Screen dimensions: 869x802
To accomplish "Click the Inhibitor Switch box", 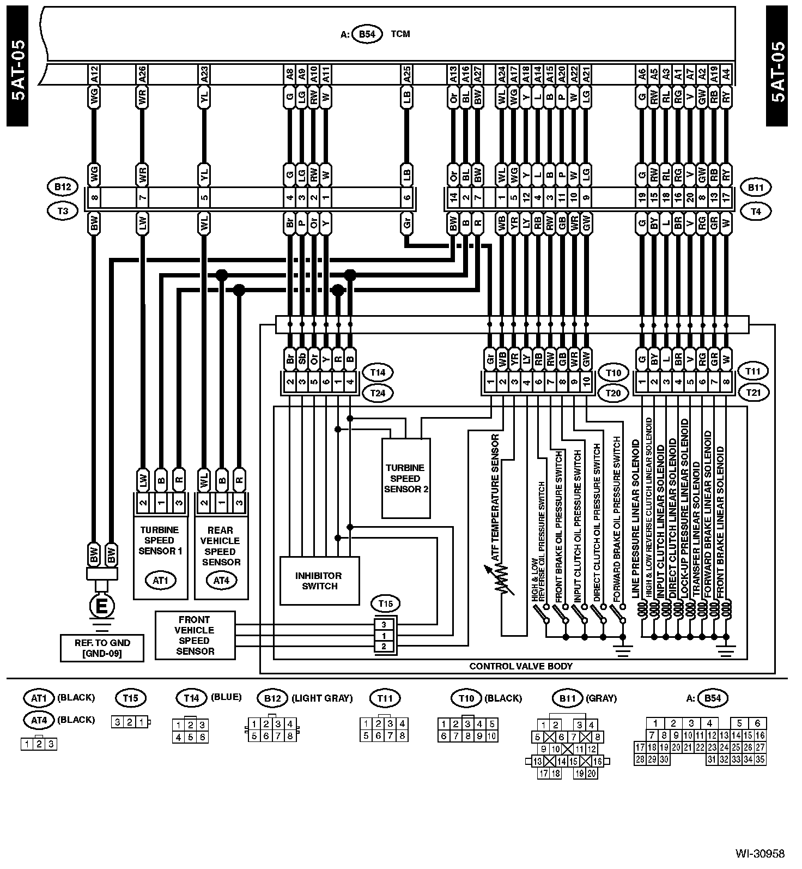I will click(319, 581).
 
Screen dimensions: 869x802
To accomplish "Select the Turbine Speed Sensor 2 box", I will click(406, 478).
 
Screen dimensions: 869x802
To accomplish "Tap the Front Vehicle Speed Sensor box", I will click(195, 635).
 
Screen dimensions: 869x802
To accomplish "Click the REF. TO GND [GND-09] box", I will click(102, 648).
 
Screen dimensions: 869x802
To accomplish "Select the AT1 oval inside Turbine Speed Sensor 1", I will click(160, 581).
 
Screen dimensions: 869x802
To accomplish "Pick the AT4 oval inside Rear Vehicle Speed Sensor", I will click(221, 581).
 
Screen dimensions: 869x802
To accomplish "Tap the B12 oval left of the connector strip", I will click(63, 187).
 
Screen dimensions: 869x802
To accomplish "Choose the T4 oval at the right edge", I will click(755, 211).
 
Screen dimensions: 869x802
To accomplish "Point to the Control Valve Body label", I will click(521, 666).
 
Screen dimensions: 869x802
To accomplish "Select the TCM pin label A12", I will click(94, 75).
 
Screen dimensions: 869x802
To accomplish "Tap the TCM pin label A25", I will click(406, 75).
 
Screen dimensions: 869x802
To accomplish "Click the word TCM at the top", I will click(400, 34).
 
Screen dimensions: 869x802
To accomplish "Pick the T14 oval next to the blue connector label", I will click(378, 373).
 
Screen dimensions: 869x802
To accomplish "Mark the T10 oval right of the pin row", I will click(613, 373).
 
